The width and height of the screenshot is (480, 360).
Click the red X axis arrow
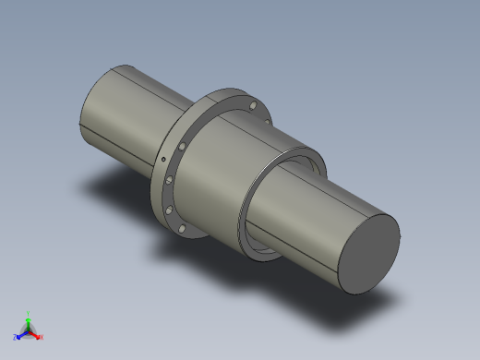[x=36, y=334]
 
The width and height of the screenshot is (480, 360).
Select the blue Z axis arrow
[x=21, y=334]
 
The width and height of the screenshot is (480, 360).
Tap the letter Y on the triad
[x=29, y=313]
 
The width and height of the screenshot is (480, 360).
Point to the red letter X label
[x=42, y=337]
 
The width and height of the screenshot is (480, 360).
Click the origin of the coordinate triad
[x=29, y=330]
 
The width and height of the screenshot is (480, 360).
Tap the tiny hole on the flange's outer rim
[x=163, y=160]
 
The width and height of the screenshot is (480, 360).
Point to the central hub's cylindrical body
[x=226, y=171]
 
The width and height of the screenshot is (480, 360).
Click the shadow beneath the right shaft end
[x=388, y=295]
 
